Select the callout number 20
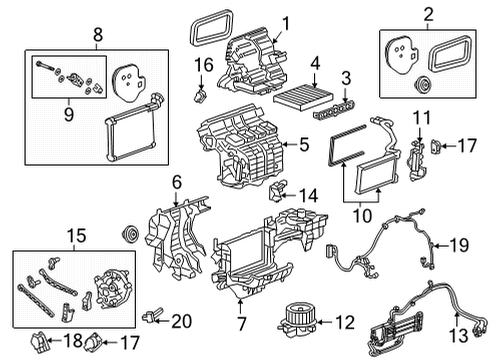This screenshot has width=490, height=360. pos(181,321)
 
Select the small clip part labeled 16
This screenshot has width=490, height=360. pos(201,96)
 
